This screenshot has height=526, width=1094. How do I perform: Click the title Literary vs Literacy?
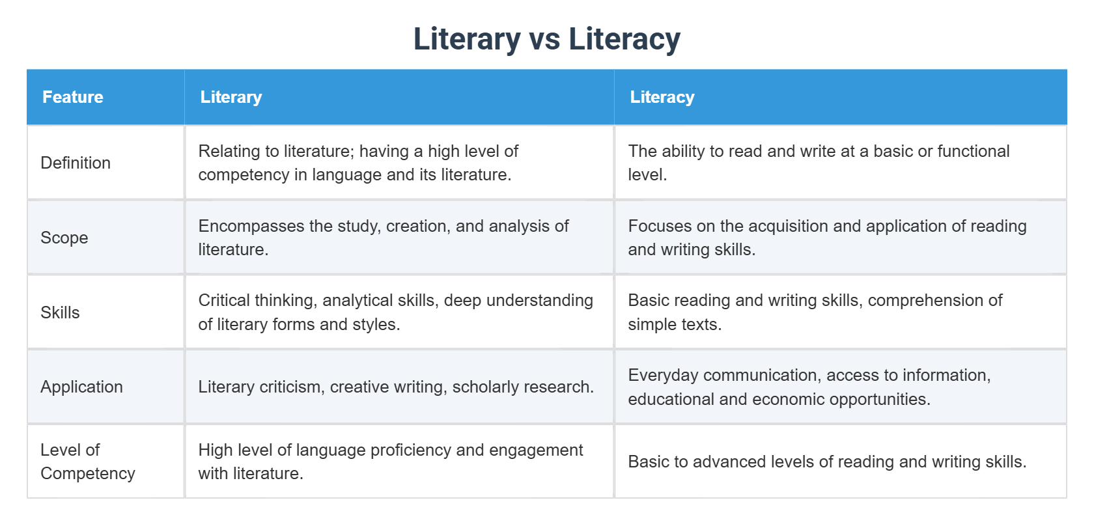click(x=546, y=39)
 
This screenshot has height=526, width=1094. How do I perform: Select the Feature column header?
click(x=73, y=97)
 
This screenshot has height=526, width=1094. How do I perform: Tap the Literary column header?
click(x=231, y=97)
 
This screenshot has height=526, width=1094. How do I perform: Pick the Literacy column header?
click(x=662, y=97)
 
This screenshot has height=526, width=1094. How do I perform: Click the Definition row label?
click(x=76, y=163)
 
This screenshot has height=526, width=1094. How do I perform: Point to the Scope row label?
click(x=64, y=238)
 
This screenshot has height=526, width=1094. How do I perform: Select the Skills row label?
click(x=60, y=312)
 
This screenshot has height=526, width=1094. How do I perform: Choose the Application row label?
click(x=81, y=387)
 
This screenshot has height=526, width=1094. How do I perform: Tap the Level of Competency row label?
click(x=87, y=462)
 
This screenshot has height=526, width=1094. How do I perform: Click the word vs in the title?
click(x=544, y=39)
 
